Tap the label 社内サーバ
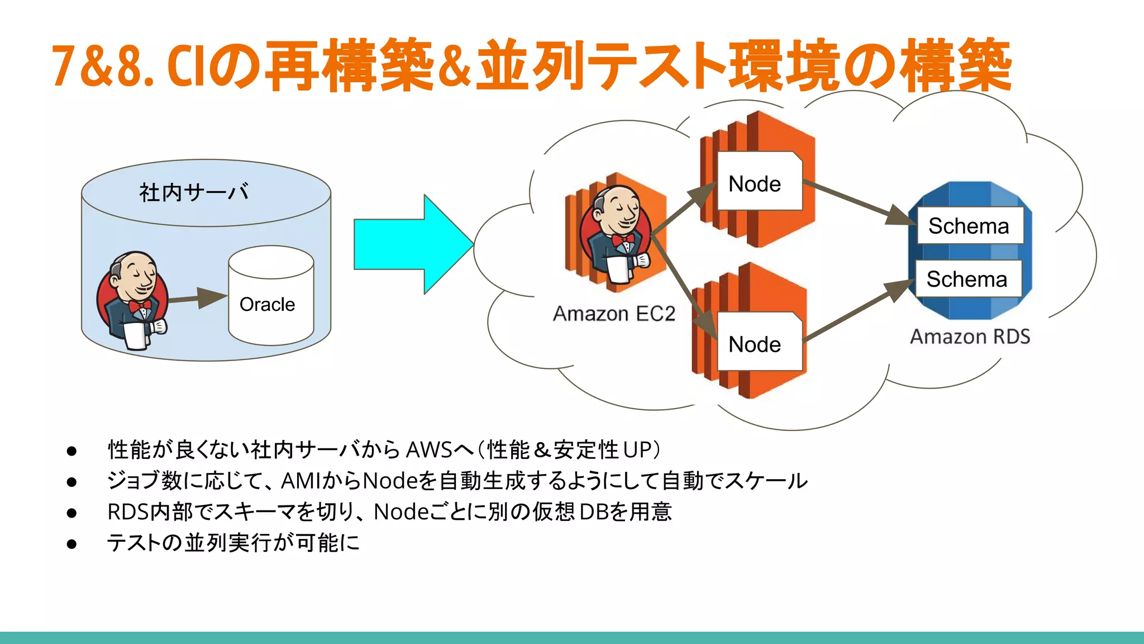pos(194,192)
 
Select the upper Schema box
pos(969,226)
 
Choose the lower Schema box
pos(967,278)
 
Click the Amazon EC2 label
pos(613,314)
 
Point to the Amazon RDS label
pos(970,337)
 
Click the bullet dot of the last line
pos(71,543)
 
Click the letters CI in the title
pos(188,67)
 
